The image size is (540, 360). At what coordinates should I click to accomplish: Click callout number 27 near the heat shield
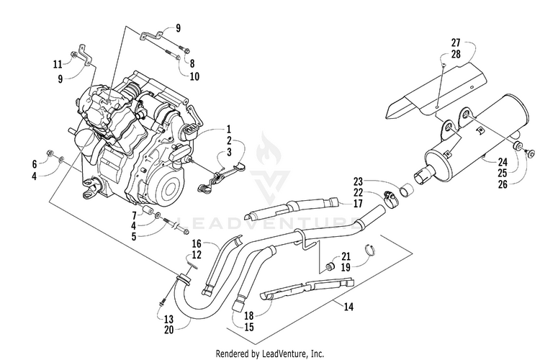coord(456,42)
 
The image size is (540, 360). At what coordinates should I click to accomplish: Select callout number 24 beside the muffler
coord(503,161)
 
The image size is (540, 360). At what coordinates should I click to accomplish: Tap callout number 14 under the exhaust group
coord(348,306)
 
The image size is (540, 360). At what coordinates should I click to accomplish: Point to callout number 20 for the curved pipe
coord(168,330)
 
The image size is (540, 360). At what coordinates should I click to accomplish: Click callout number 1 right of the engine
coord(229,130)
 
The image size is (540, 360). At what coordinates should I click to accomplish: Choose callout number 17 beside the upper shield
coord(358,203)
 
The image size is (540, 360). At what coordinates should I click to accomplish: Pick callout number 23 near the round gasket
coord(358,181)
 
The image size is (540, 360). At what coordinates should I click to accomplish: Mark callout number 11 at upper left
coord(58,64)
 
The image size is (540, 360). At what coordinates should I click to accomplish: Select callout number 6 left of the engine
coord(35,164)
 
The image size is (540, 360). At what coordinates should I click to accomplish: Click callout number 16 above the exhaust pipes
coord(197,244)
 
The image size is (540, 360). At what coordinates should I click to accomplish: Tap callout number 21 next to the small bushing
coord(346,256)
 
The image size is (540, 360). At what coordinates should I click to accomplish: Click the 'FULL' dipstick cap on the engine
coord(191,131)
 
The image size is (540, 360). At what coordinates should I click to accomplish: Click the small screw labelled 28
coord(444,65)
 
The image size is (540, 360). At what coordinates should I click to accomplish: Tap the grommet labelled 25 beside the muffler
coord(518,146)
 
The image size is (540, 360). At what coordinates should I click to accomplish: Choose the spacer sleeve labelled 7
coord(148,211)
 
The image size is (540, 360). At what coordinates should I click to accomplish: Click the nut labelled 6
coord(50,153)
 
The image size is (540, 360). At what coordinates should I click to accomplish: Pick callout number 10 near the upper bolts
coord(194,76)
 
